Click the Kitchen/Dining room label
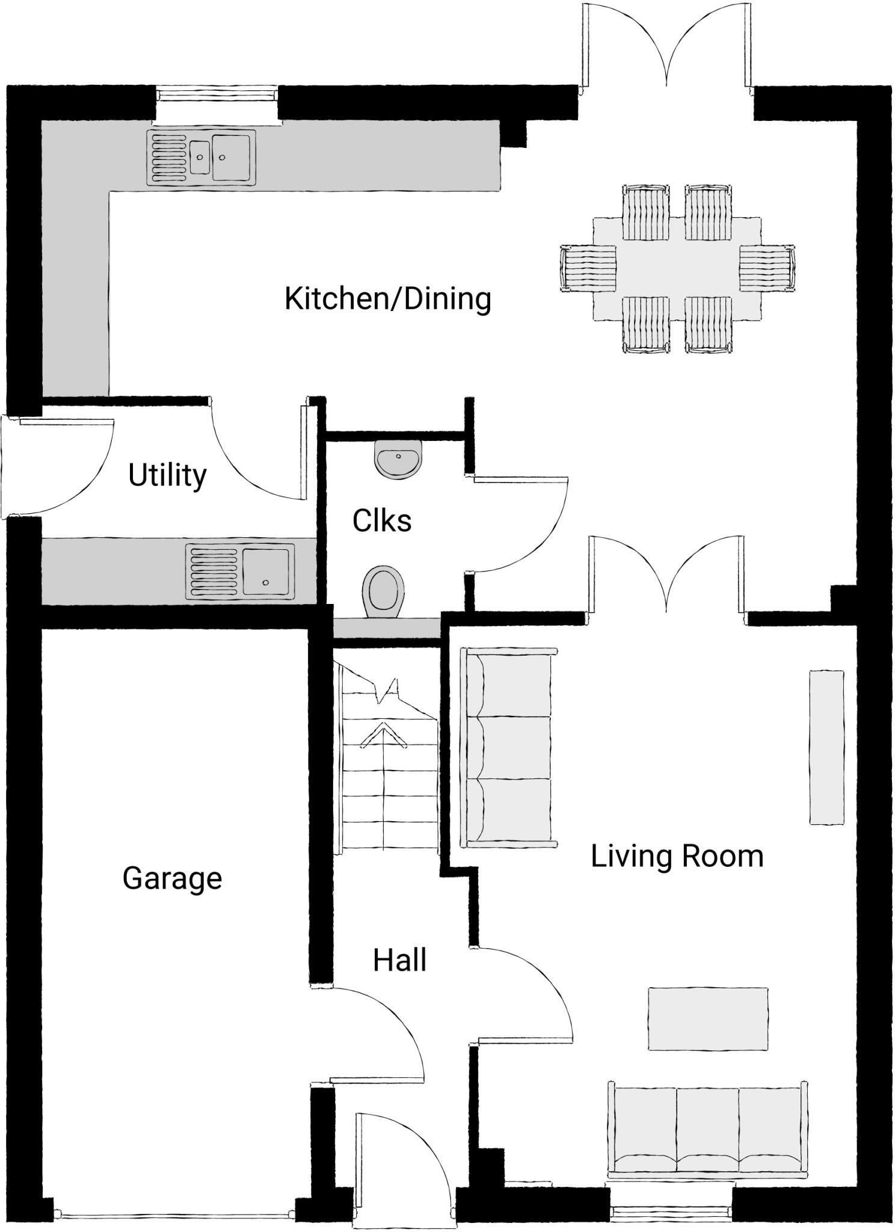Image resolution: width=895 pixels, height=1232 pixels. click(387, 299)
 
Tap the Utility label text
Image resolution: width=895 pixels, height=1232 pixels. click(167, 475)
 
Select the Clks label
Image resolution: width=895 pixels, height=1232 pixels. click(382, 521)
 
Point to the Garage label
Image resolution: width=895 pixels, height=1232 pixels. click(172, 878)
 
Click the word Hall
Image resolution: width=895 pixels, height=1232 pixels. click(399, 960)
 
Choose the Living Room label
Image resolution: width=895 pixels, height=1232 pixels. click(677, 856)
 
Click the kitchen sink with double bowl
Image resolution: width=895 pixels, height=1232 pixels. click(201, 158)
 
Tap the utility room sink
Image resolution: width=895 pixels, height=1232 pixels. click(240, 571)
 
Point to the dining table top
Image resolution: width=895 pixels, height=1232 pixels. click(677, 268)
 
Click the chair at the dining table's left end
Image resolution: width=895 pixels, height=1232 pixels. click(588, 268)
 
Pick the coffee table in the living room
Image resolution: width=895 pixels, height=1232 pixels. click(708, 1019)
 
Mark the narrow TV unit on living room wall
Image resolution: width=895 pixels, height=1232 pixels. click(826, 748)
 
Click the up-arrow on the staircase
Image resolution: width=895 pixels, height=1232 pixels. click(383, 737)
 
